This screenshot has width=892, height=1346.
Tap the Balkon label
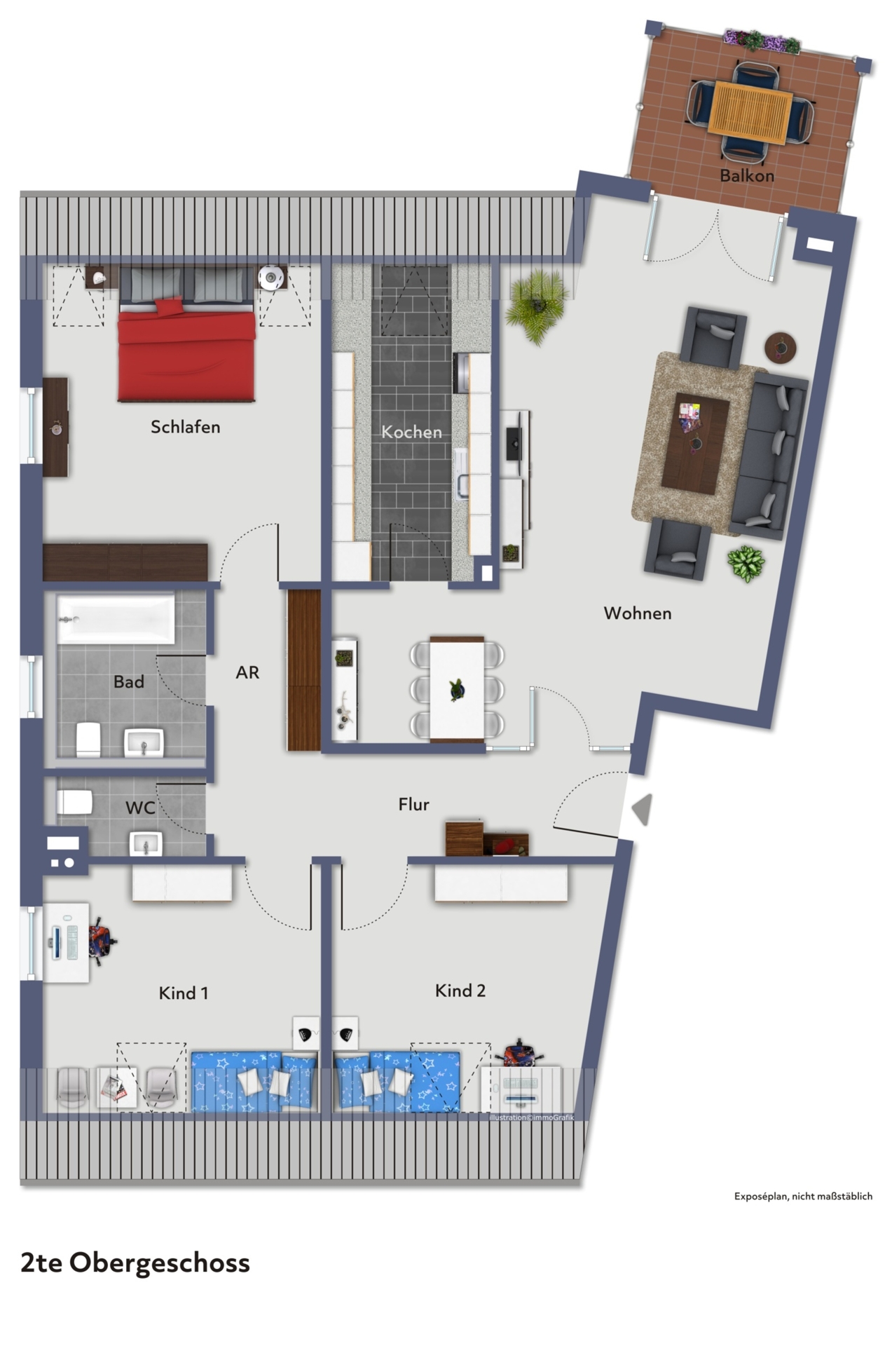pyautogui.click(x=747, y=175)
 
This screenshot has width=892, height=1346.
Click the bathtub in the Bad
pyautogui.click(x=116, y=619)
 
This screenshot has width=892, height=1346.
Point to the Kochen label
pyautogui.click(x=411, y=432)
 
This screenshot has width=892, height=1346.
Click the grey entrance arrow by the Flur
pyautogui.click(x=643, y=809)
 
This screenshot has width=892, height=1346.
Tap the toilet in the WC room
pyautogui.click(x=74, y=802)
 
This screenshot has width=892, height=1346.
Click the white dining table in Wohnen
pyautogui.click(x=457, y=689)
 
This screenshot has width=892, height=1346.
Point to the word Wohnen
pyautogui.click(x=638, y=613)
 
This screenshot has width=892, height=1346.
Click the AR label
pyautogui.click(x=247, y=673)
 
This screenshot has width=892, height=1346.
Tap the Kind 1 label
pyautogui.click(x=183, y=993)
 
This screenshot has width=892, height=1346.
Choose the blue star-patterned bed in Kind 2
pyautogui.click(x=397, y=1080)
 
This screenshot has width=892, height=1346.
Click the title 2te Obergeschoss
pyautogui.click(x=135, y=1263)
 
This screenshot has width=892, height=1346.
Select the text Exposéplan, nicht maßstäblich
pyautogui.click(x=803, y=1196)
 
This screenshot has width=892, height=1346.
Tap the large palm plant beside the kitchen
pyautogui.click(x=537, y=307)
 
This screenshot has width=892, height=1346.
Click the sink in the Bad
pyautogui.click(x=144, y=743)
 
